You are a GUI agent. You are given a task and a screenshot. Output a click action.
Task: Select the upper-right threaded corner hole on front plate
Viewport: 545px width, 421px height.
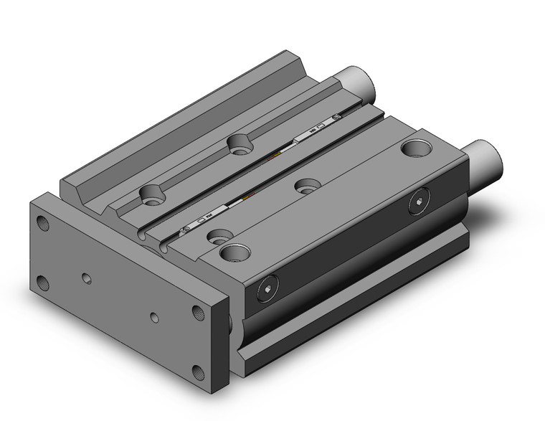(197, 311)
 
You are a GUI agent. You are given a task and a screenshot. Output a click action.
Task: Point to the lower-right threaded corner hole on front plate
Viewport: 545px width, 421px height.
(197, 372)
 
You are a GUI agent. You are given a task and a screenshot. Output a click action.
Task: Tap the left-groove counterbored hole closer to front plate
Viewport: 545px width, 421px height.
(151, 192)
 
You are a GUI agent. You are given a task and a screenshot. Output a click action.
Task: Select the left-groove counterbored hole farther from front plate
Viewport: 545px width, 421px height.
(237, 145)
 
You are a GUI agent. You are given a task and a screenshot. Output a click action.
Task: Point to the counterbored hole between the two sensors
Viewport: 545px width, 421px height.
(307, 185)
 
